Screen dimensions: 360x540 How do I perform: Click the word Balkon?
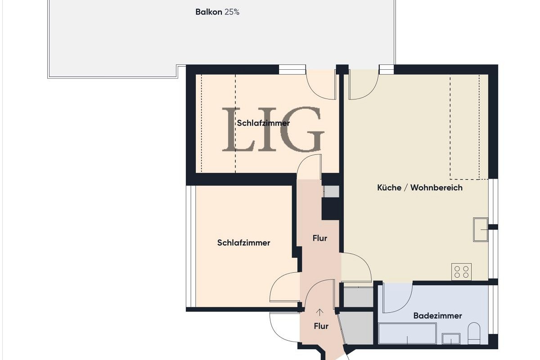pos(208,12)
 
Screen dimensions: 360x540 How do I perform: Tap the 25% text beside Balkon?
pos(232,12)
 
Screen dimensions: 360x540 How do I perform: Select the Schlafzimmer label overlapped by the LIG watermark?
pos(263,123)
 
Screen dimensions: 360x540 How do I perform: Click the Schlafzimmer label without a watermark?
pos(243,243)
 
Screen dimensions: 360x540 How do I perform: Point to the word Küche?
pos(389,188)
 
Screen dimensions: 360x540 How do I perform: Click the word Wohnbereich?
pos(436,188)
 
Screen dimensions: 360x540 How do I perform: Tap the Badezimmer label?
pos(437,316)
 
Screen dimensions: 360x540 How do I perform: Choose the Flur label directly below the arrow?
pos(320,326)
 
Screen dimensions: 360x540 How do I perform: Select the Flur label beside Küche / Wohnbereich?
pos(319,238)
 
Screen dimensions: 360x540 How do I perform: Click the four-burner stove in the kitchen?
pos(461,272)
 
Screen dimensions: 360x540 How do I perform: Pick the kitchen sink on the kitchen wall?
pos(480,229)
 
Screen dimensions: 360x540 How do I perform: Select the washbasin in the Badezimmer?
pos(450,338)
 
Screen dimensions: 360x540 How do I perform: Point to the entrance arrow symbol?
pos(320,311)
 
